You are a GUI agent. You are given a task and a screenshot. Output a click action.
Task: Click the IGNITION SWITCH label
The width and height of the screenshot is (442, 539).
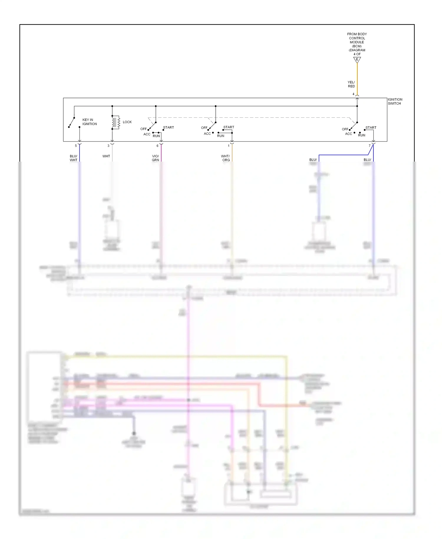click(395, 101)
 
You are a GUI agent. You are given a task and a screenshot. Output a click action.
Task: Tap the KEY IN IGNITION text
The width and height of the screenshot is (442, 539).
click(89, 122)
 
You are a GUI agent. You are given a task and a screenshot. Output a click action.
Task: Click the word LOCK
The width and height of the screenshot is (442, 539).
click(127, 122)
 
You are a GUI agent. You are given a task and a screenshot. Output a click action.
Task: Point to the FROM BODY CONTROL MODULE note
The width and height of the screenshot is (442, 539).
click(357, 44)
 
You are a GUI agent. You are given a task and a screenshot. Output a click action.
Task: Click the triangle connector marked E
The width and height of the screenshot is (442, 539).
click(357, 60)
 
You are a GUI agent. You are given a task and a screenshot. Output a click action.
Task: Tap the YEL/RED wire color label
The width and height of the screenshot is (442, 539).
click(351, 84)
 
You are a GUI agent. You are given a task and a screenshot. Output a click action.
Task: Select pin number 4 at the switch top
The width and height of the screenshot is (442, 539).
click(353, 94)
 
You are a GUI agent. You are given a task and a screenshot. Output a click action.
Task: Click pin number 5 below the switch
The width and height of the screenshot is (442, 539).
click(76, 146)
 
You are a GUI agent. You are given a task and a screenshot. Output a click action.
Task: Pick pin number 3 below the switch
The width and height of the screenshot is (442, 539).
click(108, 146)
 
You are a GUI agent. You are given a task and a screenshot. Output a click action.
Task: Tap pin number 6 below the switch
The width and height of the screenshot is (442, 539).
click(157, 146)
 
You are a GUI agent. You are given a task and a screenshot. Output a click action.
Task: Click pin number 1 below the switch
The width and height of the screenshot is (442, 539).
click(228, 146)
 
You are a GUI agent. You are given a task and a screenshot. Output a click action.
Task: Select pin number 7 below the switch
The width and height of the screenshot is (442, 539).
click(370, 146)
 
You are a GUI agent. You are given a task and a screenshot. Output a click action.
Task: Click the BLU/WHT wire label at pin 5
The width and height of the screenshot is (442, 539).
click(73, 158)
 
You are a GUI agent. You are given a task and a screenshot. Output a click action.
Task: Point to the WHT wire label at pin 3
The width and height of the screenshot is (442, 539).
click(106, 156)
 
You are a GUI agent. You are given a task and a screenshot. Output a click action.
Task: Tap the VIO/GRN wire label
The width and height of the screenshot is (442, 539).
click(155, 158)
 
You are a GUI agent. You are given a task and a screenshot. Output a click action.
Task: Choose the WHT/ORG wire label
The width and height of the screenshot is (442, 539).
click(225, 158)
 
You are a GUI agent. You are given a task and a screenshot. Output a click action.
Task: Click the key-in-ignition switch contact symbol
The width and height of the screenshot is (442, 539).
click(72, 122)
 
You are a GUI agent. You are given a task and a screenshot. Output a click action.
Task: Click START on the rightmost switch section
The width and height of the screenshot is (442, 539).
click(371, 128)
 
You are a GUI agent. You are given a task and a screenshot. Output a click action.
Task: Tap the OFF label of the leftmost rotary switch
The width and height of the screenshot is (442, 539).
click(143, 129)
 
